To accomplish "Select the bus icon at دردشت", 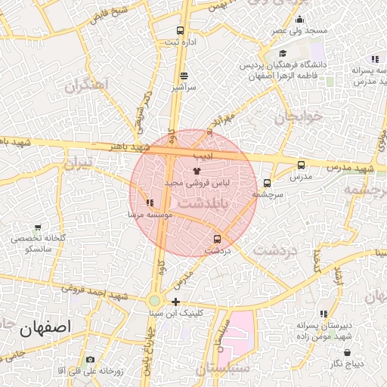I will pyautogui.click(x=218, y=239).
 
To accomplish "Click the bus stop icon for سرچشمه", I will pyautogui.click(x=267, y=183).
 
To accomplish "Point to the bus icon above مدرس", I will pyautogui.click(x=301, y=165).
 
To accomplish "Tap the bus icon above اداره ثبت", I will pyautogui.click(x=180, y=31).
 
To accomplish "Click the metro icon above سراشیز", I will pyautogui.click(x=185, y=76).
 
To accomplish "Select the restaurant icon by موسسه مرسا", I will pyautogui.click(x=150, y=203).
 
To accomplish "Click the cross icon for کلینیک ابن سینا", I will pyautogui.click(x=175, y=302).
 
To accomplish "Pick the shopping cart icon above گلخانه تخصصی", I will pyautogui.click(x=38, y=227).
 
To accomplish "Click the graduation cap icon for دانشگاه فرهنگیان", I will pyautogui.click(x=283, y=54).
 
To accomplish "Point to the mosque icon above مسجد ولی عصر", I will pyautogui.click(x=300, y=20).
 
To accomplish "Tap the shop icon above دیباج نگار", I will pyautogui.click(x=347, y=352).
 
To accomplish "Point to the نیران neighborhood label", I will pyautogui.click(x=77, y=163).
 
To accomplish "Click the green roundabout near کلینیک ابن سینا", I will pyautogui.click(x=154, y=301).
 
